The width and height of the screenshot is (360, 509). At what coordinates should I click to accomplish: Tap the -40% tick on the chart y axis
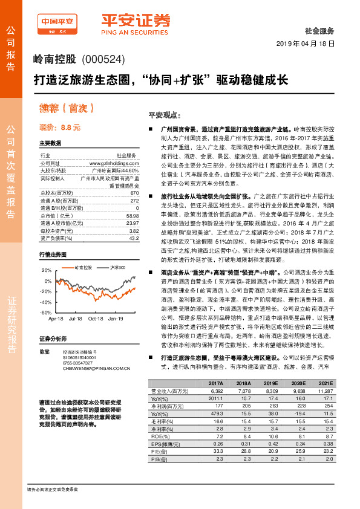coord(46,302)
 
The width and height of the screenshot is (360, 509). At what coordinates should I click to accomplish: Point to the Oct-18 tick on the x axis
coord(95,318)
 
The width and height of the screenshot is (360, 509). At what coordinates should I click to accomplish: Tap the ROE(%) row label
coord(159,433)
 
